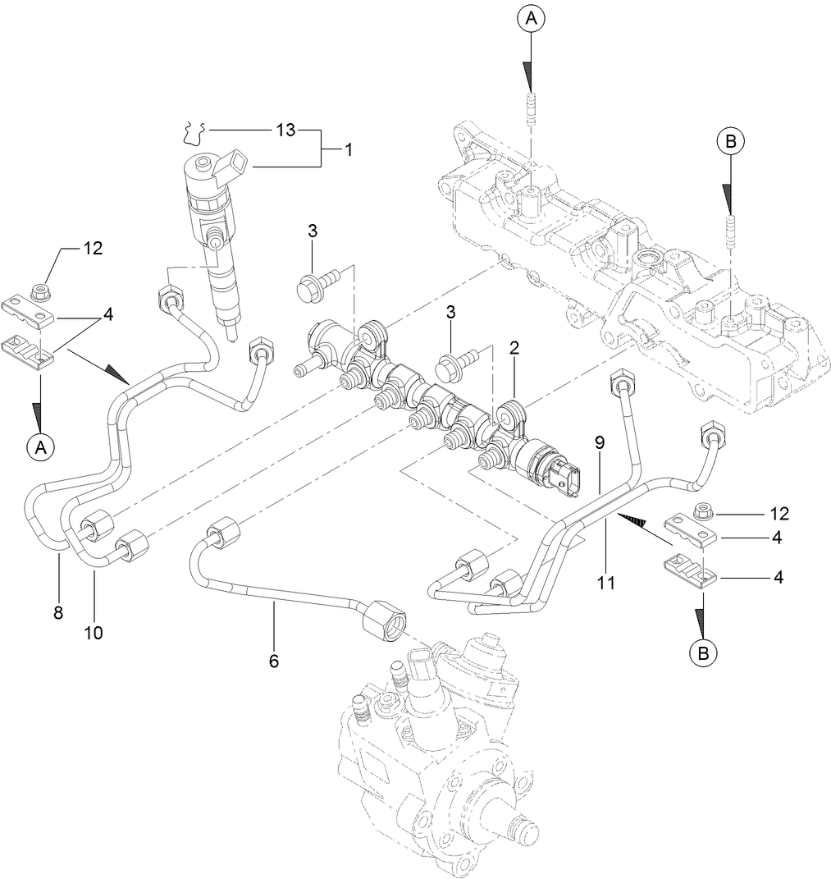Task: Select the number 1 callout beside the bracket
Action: pyautogui.click(x=348, y=149)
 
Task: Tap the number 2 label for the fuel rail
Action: pyautogui.click(x=514, y=348)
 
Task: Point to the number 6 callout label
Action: pyautogui.click(x=273, y=661)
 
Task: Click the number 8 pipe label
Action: pyautogui.click(x=58, y=612)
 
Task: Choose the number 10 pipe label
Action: pyautogui.click(x=94, y=633)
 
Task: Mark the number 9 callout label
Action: pyautogui.click(x=600, y=442)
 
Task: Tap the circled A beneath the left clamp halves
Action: pyautogui.click(x=39, y=446)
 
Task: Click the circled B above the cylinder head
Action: pyautogui.click(x=729, y=141)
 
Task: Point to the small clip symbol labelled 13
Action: pyautogui.click(x=194, y=131)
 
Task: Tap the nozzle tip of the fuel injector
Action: pyautogui.click(x=231, y=333)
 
